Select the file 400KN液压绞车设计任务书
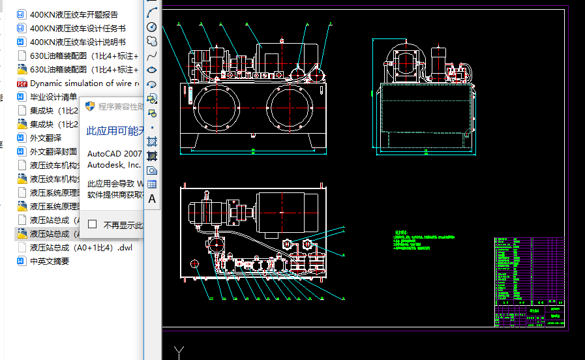coord(77,28)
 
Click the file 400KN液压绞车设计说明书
coord(77,42)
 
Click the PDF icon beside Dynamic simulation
coord(21,83)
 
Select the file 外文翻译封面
coord(53,152)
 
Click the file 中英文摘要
coord(49,262)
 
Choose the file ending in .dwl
coord(81,248)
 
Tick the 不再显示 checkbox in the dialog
coord(93,224)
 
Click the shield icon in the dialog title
coord(91,106)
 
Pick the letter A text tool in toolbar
coord(152,199)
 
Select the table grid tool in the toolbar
coord(152,185)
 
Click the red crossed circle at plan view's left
coord(194,263)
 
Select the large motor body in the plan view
coord(287,212)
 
